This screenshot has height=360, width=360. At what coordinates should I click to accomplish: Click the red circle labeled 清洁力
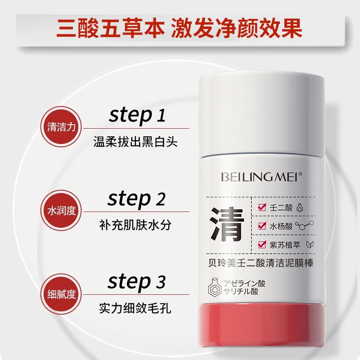pyautogui.click(x=61, y=127)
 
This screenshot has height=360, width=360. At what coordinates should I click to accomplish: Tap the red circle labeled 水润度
pyautogui.click(x=61, y=210)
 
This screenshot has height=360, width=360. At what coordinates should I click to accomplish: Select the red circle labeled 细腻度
pyautogui.click(x=61, y=294)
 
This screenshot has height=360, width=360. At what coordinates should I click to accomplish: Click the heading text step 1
pyautogui.click(x=137, y=116)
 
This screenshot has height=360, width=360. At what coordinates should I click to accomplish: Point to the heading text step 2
pyautogui.click(x=137, y=199)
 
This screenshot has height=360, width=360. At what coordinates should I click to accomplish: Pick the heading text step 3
pyautogui.click(x=137, y=282)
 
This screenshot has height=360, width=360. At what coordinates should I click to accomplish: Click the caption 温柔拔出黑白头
pyautogui.click(x=135, y=142)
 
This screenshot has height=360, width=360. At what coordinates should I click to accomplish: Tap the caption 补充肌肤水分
pyautogui.click(x=135, y=225)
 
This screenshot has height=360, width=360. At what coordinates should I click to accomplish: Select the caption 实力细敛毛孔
pyautogui.click(x=135, y=308)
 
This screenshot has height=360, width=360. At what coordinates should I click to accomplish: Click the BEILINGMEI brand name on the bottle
pyautogui.click(x=260, y=177)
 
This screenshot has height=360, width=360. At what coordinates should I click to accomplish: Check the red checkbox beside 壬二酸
pyautogui.click(x=262, y=207)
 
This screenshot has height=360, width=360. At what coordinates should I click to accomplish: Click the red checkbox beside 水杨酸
pyautogui.click(x=262, y=225)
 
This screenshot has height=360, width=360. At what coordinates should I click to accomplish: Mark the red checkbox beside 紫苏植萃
pyautogui.click(x=262, y=244)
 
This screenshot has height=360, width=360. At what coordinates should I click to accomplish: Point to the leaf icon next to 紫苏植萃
pyautogui.click(x=310, y=245)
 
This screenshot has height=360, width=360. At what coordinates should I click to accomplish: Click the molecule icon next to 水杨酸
pyautogui.click(x=305, y=225)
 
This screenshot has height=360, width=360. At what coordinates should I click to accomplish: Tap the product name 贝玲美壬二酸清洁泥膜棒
pyautogui.click(x=261, y=263)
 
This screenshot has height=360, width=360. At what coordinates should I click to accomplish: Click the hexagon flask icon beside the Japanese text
pyautogui.click(x=215, y=287)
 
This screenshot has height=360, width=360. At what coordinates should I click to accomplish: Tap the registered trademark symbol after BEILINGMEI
pyautogui.click(x=300, y=174)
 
